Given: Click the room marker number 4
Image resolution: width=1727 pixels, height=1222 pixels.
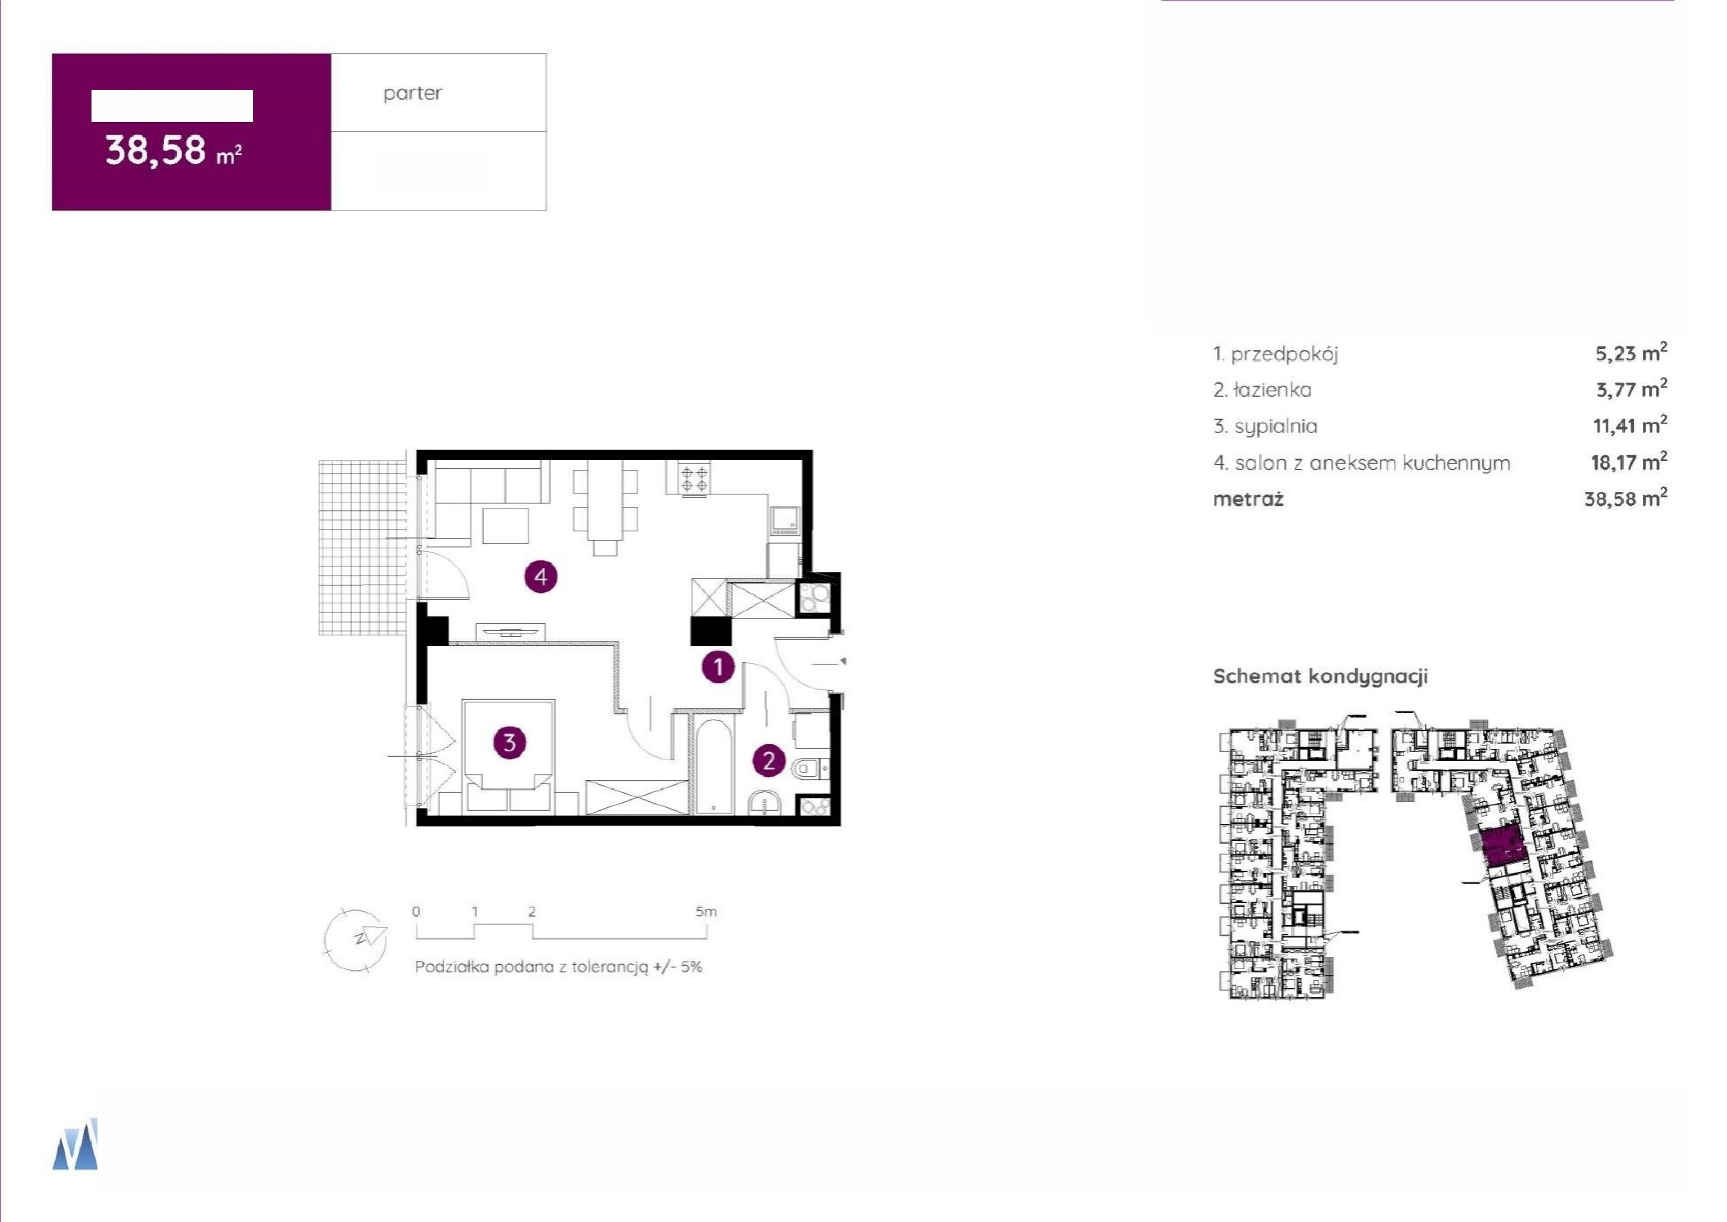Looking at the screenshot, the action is point(540,577).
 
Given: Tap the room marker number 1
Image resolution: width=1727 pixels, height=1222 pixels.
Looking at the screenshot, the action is point(718,667).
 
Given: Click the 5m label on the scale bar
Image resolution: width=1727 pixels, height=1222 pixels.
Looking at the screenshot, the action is point(706,911).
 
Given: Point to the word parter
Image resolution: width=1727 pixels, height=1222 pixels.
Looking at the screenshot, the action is point(412,93).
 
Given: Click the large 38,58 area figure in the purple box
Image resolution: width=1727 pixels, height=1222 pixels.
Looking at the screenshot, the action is point(155,150).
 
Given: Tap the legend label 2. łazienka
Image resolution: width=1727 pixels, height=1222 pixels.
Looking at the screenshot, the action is point(1262,390).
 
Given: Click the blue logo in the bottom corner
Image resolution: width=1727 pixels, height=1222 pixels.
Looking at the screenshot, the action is point(75,1143).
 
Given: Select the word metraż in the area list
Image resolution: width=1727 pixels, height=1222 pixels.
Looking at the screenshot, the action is point(1248,499).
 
